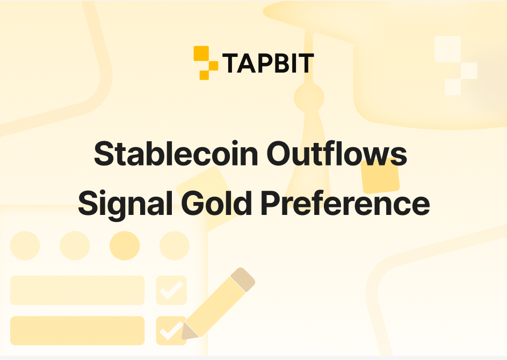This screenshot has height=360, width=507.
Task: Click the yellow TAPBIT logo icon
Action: (x=205, y=63)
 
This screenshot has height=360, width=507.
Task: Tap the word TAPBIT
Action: (x=268, y=63)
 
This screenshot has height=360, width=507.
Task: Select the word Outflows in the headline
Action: (x=337, y=155)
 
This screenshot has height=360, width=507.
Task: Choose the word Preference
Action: (x=345, y=204)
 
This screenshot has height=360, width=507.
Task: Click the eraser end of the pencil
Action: (x=242, y=279)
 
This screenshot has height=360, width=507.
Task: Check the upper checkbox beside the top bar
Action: (x=171, y=290)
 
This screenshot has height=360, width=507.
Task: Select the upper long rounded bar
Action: (x=77, y=290)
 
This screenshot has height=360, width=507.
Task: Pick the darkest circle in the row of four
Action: (x=125, y=246)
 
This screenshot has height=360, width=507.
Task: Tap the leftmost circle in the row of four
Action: (x=25, y=246)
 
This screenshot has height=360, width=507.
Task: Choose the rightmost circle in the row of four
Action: (x=175, y=246)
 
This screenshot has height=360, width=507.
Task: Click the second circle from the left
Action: (x=75, y=246)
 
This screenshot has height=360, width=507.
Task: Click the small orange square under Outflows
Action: (x=380, y=176)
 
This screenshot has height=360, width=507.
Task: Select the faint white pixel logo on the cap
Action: (x=454, y=66)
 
